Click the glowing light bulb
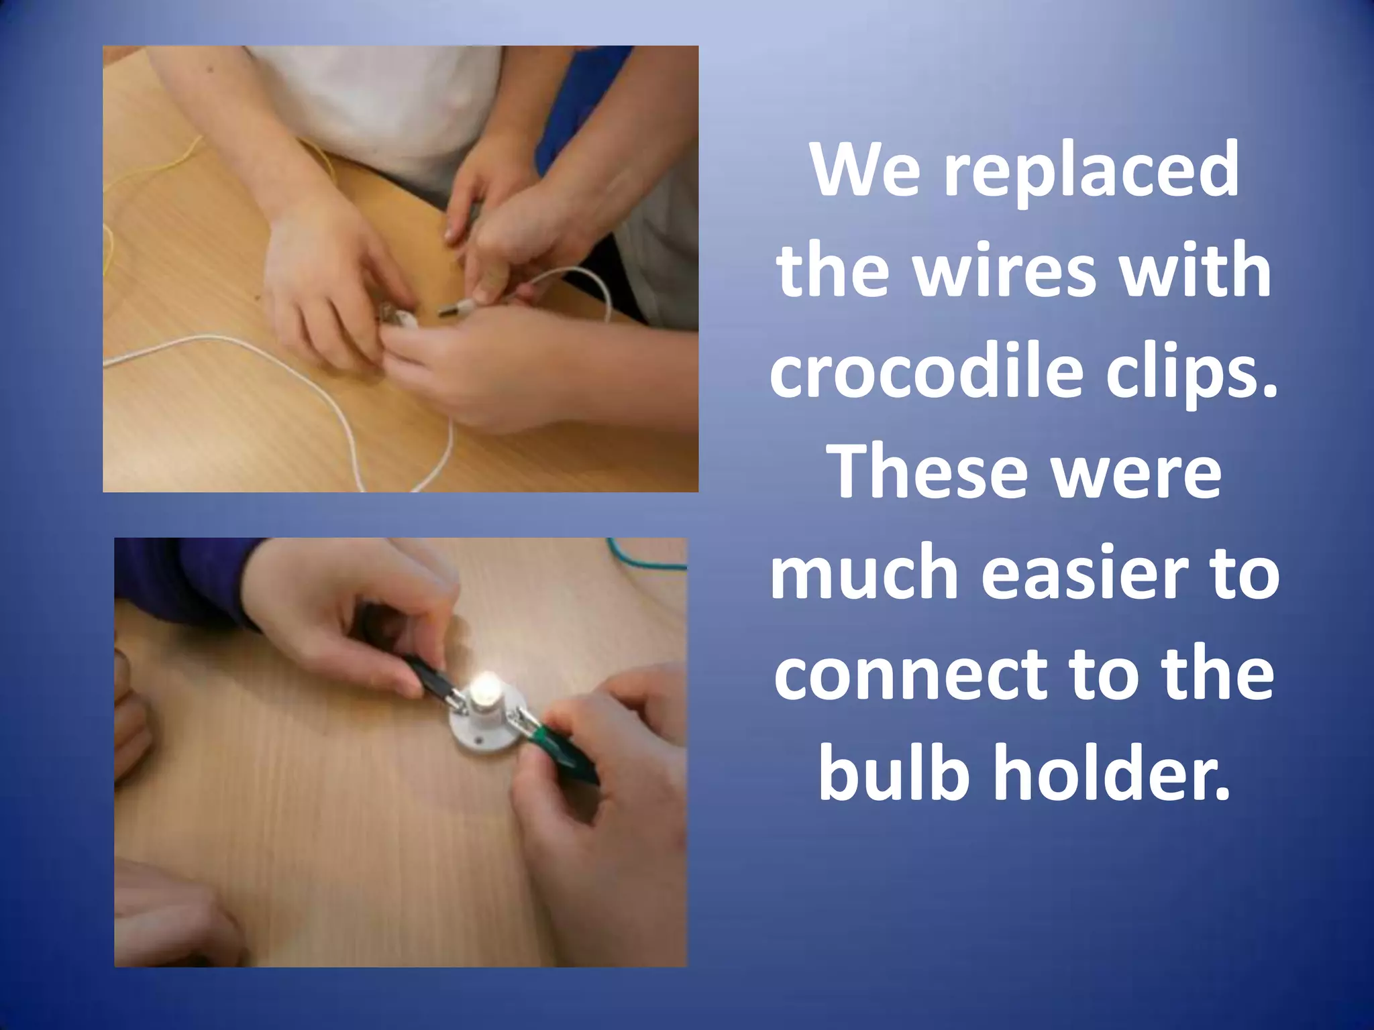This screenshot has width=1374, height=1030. (x=486, y=691)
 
